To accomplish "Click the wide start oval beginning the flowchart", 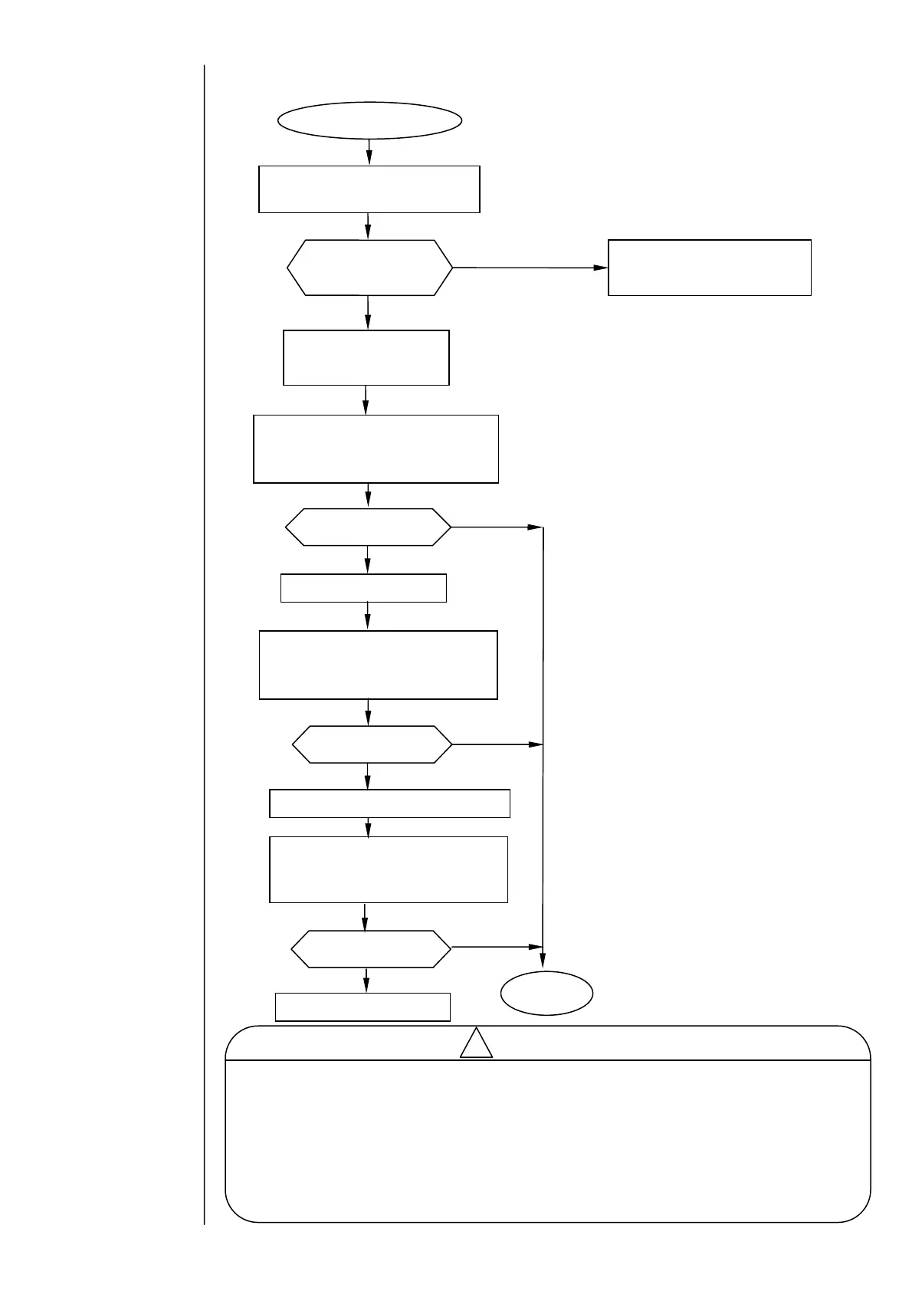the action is coord(369,120).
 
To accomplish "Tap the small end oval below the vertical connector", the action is coord(546,993).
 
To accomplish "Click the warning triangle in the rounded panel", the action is coord(476,1044).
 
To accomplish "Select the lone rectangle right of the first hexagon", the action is coord(709,268).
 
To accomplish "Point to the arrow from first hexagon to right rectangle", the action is coord(529,268).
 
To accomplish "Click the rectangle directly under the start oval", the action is coord(369,189).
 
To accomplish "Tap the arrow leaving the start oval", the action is coord(369,152).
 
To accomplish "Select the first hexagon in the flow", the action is coord(369,268).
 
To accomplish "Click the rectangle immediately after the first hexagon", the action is coord(366,357).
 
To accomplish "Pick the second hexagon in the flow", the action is coord(368,527).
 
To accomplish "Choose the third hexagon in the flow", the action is coord(372,744).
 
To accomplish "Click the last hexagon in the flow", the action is coord(371,948).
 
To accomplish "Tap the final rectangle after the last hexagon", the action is coord(363,1007).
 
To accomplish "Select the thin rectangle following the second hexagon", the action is coord(363,588).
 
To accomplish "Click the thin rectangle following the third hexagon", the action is coord(389,803).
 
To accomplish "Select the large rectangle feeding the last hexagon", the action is coord(389,869).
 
